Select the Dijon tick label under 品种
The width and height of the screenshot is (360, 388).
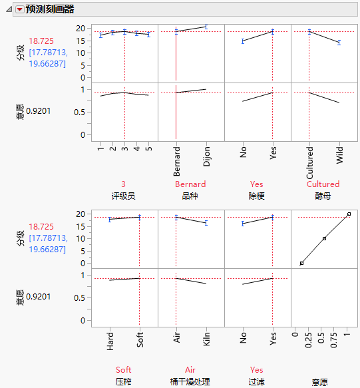click(206, 156)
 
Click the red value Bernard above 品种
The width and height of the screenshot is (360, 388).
click(190, 184)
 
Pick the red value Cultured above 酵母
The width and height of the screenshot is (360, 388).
click(323, 184)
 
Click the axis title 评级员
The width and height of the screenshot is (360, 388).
click(124, 196)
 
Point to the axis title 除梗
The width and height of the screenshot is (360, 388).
click(257, 196)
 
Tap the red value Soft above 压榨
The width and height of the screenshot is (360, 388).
click(124, 370)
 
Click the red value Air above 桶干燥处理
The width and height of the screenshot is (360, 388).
click(190, 370)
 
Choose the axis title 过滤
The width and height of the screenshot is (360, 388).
click(257, 381)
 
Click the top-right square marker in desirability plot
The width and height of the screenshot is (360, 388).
click(349, 214)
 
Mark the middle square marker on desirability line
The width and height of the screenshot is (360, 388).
click(324, 238)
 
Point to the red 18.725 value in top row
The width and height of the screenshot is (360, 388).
click(41, 41)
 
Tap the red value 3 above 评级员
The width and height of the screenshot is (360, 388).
click(124, 184)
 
